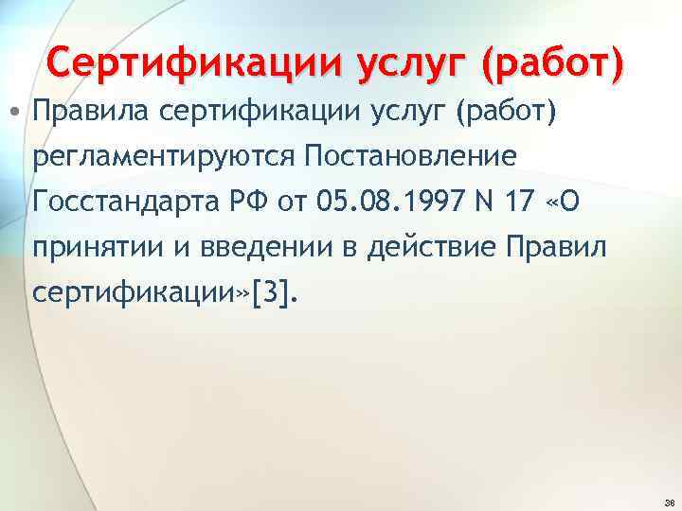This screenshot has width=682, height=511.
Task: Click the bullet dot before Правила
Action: pyautogui.click(x=19, y=115)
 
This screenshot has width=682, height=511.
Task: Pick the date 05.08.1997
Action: pyautogui.click(x=372, y=202)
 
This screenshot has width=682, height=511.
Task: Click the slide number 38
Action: pyautogui.click(x=670, y=502)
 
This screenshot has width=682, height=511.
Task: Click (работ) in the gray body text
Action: pyautogui.click(x=506, y=115)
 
